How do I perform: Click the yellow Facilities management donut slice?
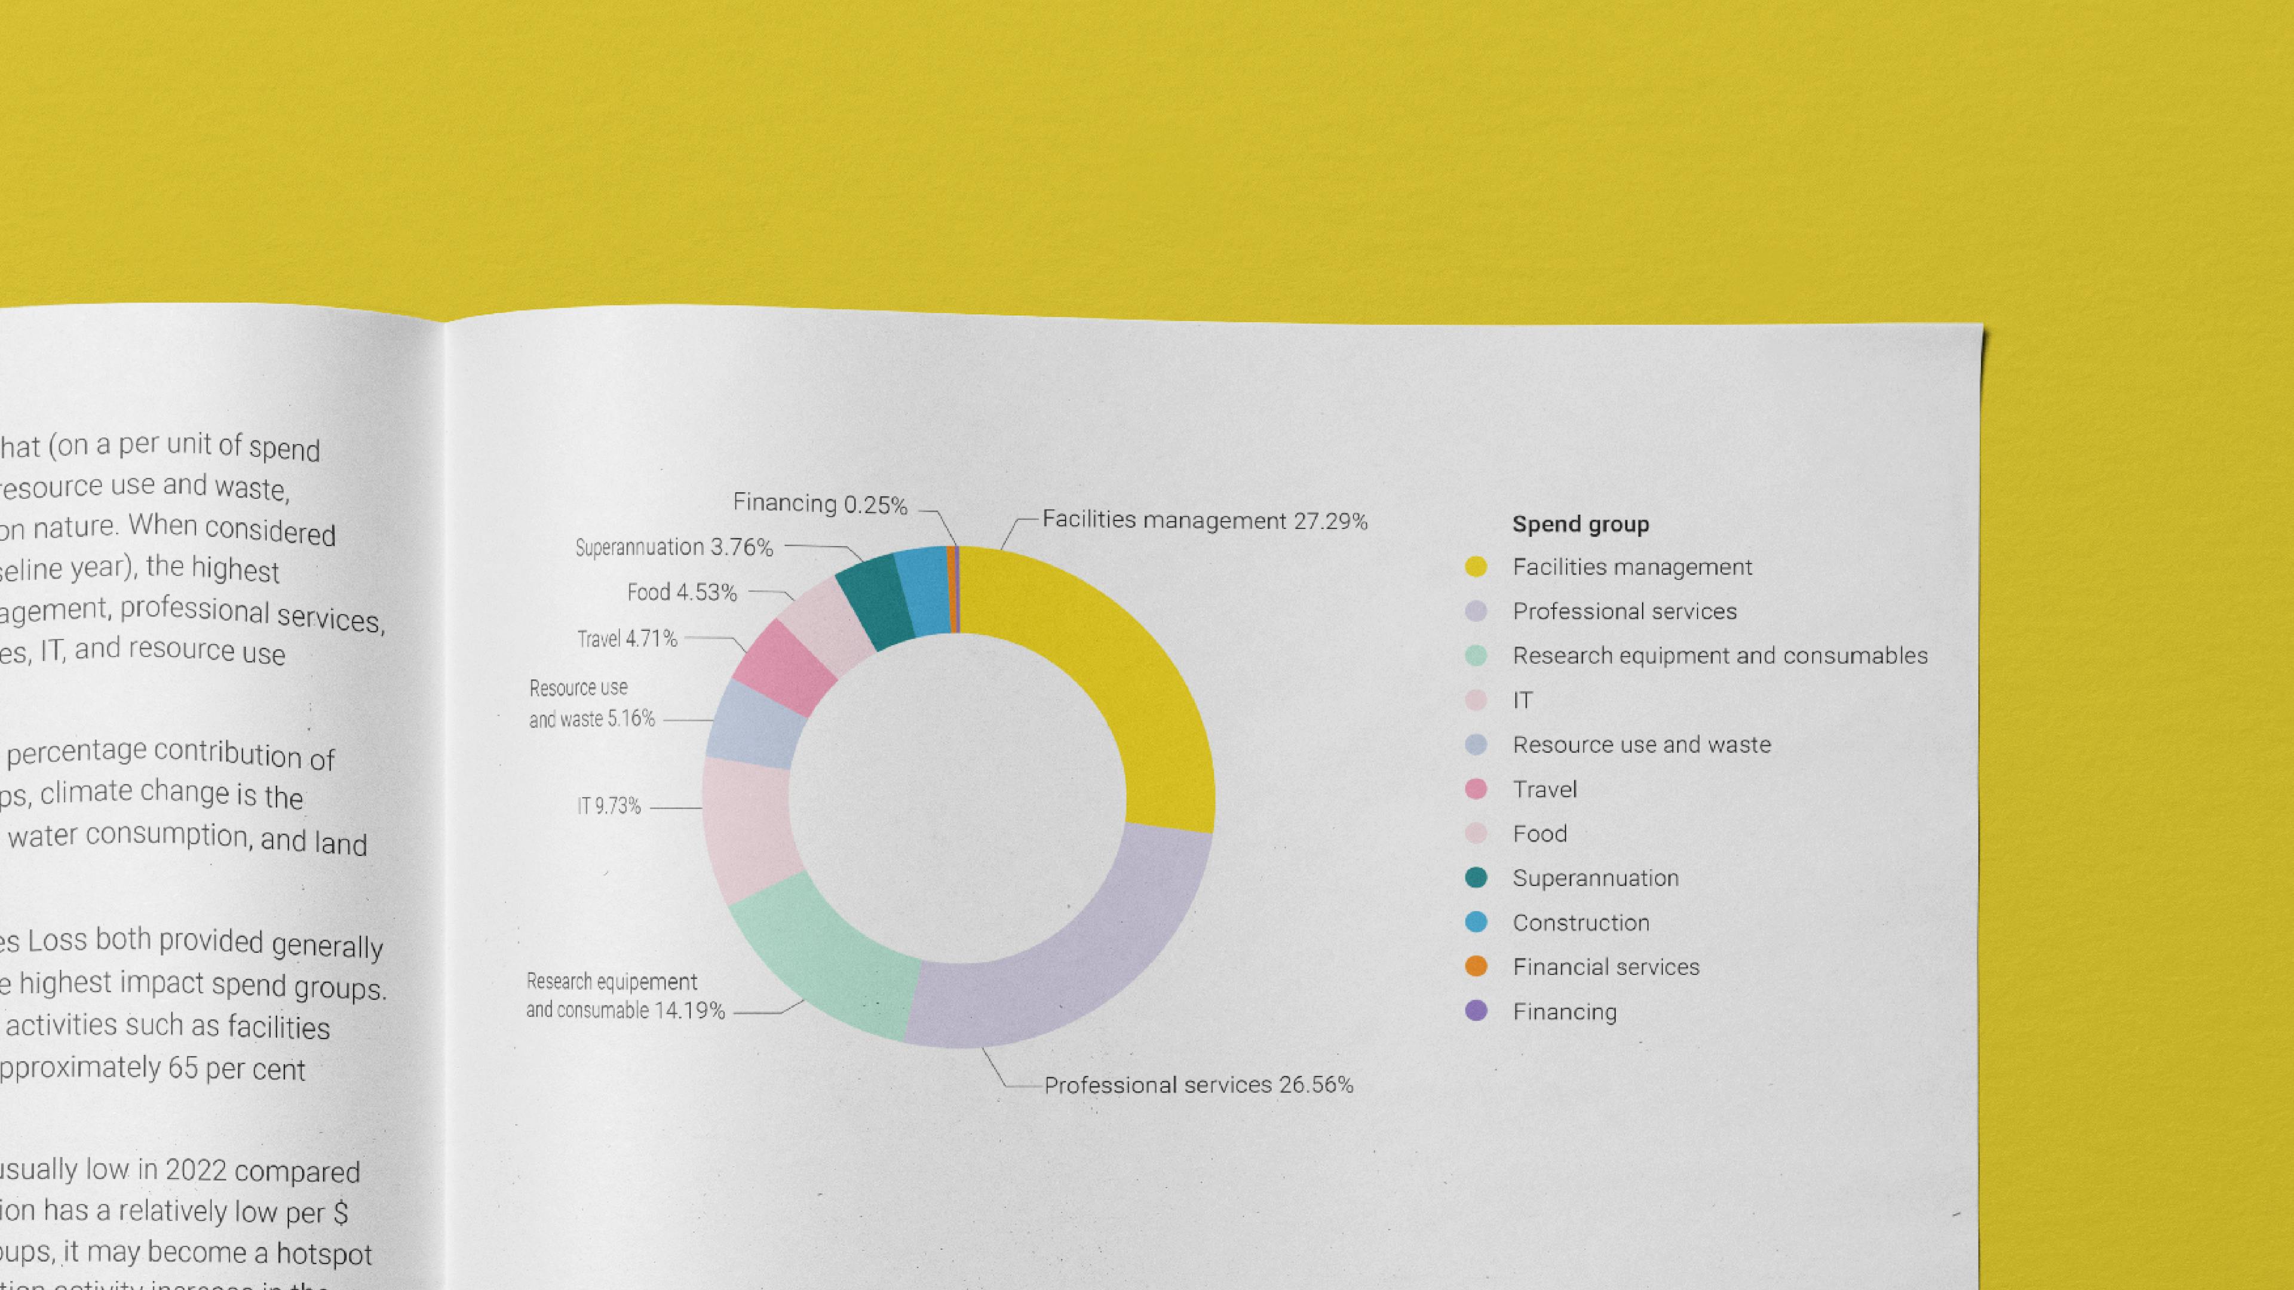click(x=1122, y=677)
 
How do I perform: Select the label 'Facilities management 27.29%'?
click(x=1204, y=520)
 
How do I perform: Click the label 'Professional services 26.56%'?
click(x=1198, y=1085)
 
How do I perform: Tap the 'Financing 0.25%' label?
click(x=819, y=504)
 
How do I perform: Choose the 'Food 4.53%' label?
click(x=682, y=592)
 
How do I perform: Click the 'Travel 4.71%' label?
click(x=627, y=639)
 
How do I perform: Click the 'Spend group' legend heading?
click(x=1581, y=524)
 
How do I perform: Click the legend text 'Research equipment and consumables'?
click(x=1720, y=656)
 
